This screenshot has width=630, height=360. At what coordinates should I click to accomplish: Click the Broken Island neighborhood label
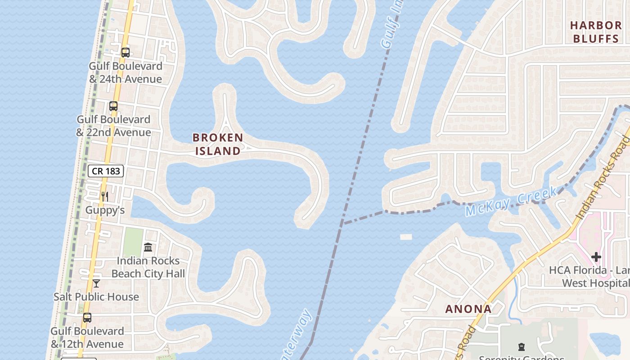coord(218,144)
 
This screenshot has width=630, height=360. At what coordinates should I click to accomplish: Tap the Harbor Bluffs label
coord(596,31)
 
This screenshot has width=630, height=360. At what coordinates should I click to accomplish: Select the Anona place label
coord(468,309)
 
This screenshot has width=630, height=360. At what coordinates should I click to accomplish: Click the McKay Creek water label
coord(511,202)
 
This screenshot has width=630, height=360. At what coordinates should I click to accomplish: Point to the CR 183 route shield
coord(106,171)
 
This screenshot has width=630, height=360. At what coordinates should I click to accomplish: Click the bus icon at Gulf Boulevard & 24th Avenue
coord(126,52)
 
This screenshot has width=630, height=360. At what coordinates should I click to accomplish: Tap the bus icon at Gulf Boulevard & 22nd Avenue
coord(113,106)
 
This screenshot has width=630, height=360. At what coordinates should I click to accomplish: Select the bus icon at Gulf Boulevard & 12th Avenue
coord(87,317)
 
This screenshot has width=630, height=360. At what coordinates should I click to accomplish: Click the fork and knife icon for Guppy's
coord(105,196)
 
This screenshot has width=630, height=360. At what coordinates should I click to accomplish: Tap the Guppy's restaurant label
coord(105,210)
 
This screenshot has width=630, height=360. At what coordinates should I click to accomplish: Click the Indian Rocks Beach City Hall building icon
coord(148,247)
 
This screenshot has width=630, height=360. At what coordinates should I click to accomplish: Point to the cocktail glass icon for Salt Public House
coord(96,283)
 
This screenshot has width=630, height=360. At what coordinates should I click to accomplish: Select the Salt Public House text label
coord(96,297)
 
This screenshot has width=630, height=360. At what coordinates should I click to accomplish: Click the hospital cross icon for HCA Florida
coord(596,257)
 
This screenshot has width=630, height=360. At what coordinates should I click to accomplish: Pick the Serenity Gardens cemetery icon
coord(521,346)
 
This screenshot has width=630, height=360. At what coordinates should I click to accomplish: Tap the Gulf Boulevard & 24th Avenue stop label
coord(125,72)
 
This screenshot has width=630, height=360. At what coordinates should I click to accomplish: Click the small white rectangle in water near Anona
coord(406,237)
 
